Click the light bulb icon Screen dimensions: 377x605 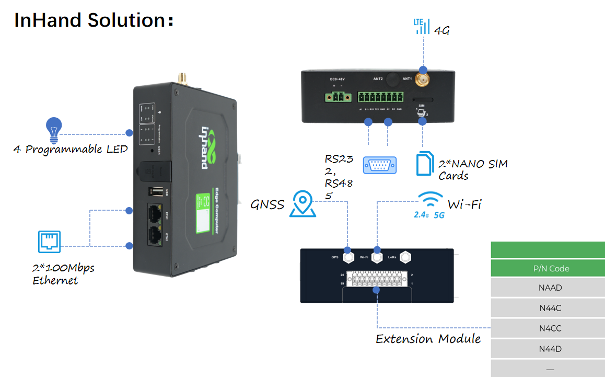tap(53, 130)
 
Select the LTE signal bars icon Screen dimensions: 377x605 tap(422, 26)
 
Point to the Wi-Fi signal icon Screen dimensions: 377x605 tap(432, 202)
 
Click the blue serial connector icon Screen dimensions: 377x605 tap(380, 165)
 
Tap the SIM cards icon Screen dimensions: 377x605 tap(425, 164)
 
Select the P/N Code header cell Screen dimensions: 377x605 tap(548, 268)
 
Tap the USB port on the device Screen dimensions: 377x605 tap(156, 192)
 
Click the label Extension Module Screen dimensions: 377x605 tap(428, 339)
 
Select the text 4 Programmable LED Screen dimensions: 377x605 tap(71, 150)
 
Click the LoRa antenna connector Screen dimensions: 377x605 tap(406, 257)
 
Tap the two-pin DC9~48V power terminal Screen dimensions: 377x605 tap(337, 97)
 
